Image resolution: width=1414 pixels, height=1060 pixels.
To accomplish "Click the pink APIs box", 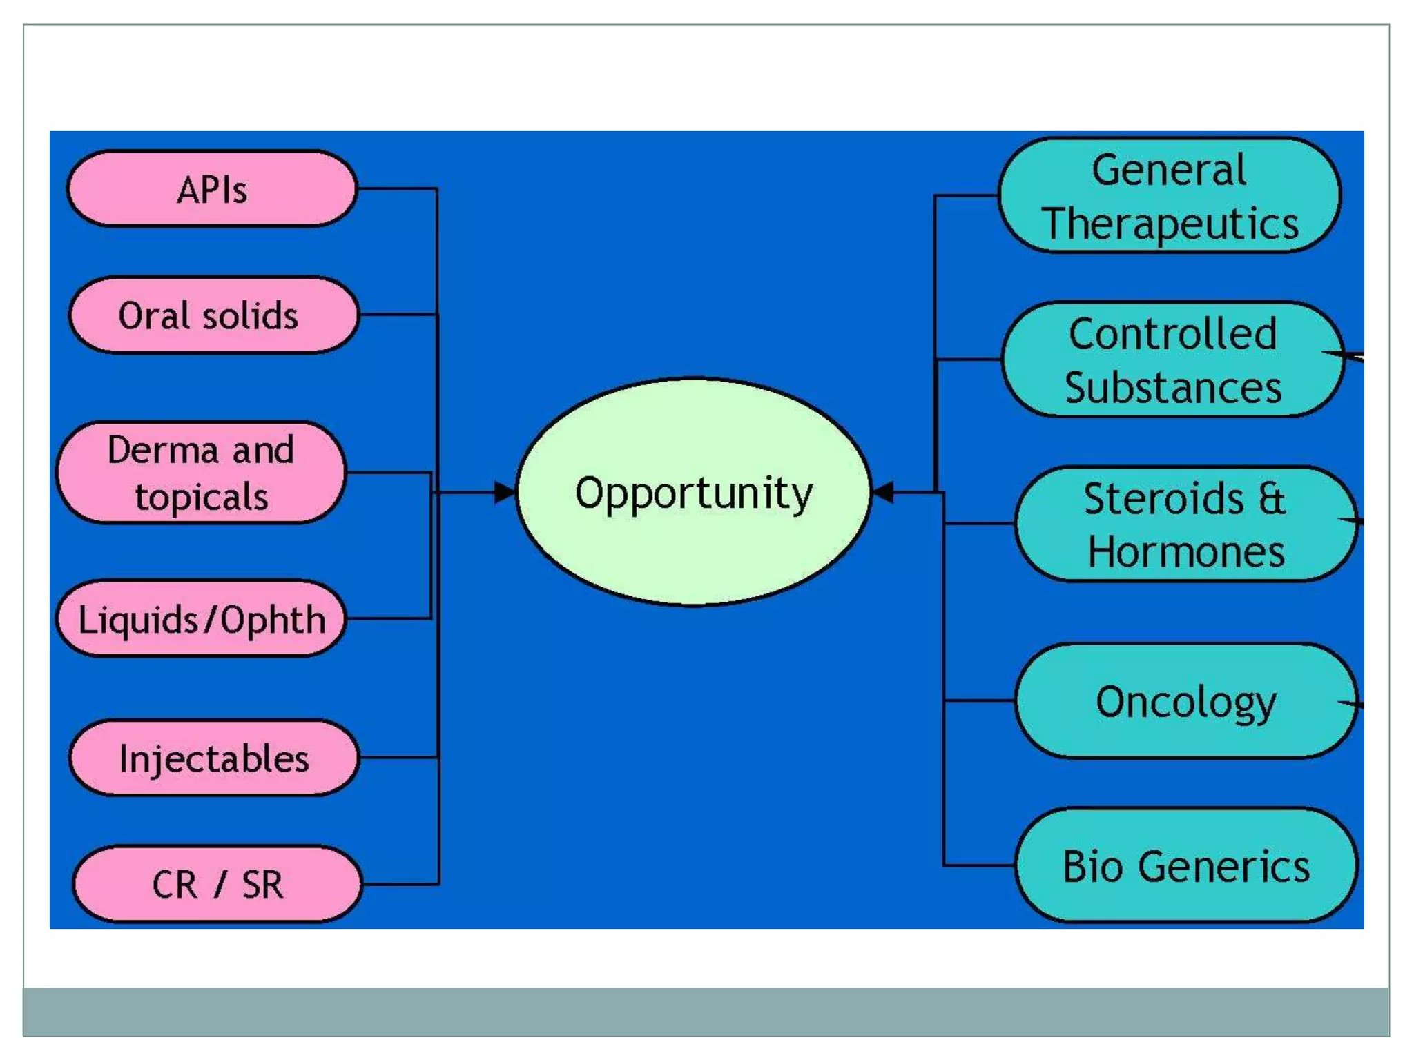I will pos(212,188).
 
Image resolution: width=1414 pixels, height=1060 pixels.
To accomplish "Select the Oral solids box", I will pos(213,315).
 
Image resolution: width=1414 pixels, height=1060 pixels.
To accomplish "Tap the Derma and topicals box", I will pos(200,473).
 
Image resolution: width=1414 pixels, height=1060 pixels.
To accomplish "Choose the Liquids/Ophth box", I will pos(201,618).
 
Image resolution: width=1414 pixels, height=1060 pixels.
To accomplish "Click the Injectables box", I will pos(213,758).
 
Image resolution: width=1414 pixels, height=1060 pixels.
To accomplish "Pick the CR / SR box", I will pos(217,884).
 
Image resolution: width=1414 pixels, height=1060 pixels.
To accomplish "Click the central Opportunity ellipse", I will pos(693,492).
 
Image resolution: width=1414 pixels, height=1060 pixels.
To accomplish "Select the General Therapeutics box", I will pos(1170,196).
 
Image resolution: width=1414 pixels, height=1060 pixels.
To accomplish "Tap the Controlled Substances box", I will pos(1172,360).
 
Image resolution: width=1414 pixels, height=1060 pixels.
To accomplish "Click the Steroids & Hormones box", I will pos(1185,524).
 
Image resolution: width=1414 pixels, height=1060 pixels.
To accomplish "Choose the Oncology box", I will pos(1185,701).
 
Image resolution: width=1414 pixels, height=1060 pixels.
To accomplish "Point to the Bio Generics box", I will pos(1185,865).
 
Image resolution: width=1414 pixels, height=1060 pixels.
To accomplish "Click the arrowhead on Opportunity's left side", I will pos(505,493).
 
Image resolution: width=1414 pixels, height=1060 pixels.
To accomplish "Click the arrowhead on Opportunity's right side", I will pos(884,493).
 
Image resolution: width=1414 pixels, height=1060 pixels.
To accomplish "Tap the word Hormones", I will pos(1185,552).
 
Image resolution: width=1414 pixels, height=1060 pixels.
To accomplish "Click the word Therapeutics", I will pos(1170,224).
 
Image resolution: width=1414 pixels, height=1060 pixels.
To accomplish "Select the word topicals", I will pos(201,497).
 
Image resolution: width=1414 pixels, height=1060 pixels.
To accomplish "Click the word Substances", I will pos(1172,388).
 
